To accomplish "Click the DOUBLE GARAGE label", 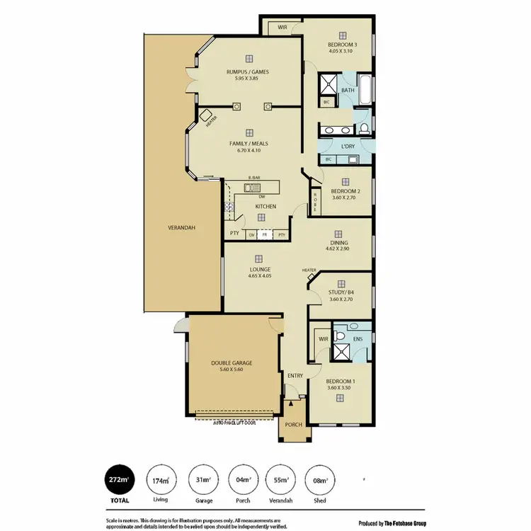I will pos(232,363).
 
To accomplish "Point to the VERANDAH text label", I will pos(181,228).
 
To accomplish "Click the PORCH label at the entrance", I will pos(293,425).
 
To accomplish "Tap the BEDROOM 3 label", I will pos(342,45).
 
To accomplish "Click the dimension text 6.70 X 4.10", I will pos(249,150).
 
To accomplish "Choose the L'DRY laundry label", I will pos(347,147).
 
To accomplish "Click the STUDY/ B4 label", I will pos(341,292).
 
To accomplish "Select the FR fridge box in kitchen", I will pos(264,234).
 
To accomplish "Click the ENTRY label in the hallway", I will pos(295,375).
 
